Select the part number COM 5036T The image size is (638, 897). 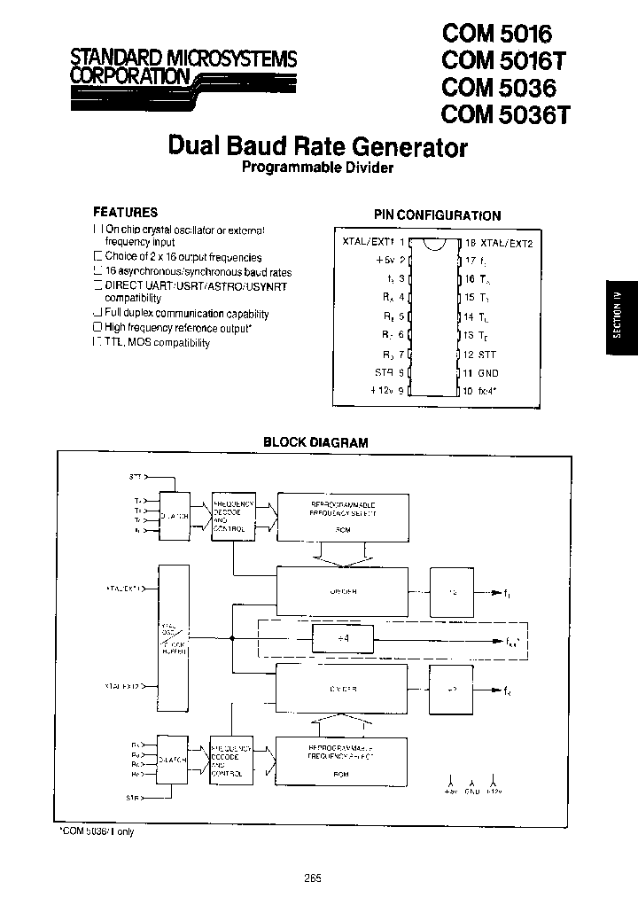coord(497,114)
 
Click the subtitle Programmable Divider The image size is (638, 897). coord(317,168)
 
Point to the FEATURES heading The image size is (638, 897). coord(126,213)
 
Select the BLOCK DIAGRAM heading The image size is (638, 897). coord(316,441)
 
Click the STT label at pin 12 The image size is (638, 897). coord(487,355)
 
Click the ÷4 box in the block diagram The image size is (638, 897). coord(342,636)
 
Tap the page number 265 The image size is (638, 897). coord(311,878)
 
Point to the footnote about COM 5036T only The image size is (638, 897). coord(97,831)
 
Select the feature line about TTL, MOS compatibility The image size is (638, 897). coord(157,343)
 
